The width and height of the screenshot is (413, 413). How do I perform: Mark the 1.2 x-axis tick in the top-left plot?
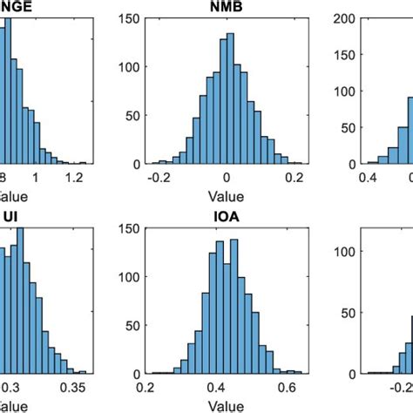click(x=76, y=176)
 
